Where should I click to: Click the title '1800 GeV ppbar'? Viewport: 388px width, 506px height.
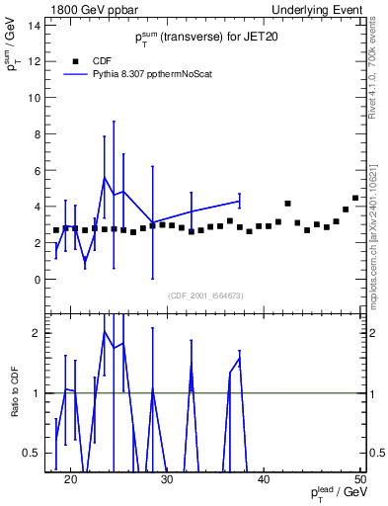tap(86, 9)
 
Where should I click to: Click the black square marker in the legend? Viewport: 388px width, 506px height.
tap(76, 60)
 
